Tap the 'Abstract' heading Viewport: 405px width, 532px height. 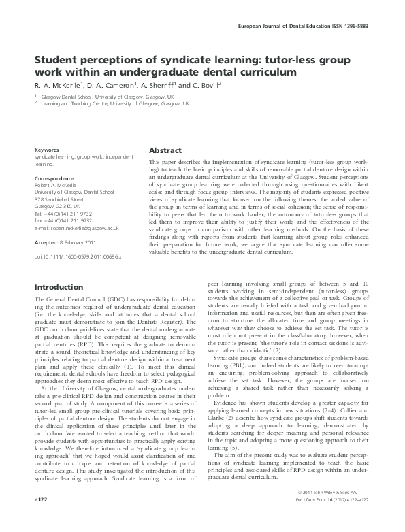click(164, 150)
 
